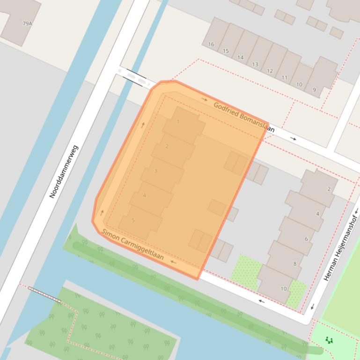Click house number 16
[211, 44]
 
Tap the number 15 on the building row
[226, 51]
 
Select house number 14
[240, 58]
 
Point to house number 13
[255, 65]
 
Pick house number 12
[270, 71]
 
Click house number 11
[284, 78]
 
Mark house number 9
[314, 90]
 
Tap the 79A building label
[27, 23]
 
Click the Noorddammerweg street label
[64, 172]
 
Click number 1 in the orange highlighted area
[178, 122]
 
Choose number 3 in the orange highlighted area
[155, 171]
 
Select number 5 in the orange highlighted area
[133, 220]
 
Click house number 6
[307, 239]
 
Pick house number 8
[295, 264]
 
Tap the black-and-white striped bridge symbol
[44, 295]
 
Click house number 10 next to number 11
[299, 85]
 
